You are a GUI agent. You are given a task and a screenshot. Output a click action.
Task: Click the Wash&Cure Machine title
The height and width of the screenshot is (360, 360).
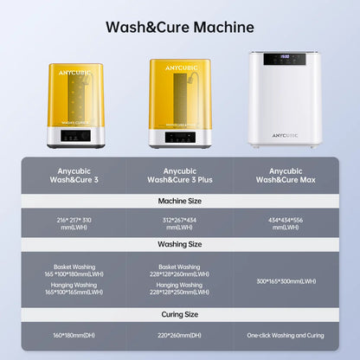179,27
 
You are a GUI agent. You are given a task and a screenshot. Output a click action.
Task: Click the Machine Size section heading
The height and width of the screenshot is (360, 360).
179,201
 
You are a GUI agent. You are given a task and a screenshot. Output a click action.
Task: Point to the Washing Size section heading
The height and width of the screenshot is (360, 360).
179,244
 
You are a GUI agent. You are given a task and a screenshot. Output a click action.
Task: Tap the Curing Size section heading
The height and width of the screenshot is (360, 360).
179,314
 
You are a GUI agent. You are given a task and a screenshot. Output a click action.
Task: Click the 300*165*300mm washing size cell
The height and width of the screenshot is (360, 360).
286,281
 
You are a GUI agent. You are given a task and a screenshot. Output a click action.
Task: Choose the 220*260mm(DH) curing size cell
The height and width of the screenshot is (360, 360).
179,335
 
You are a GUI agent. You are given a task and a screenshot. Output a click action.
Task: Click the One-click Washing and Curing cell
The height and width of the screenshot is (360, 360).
286,335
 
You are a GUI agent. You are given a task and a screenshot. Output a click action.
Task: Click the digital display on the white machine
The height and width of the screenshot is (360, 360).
286,59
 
